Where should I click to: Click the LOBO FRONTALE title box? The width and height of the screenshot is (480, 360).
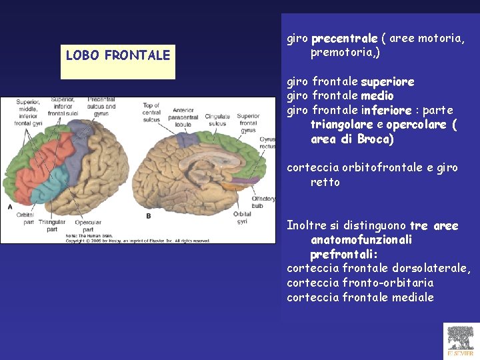(118, 55)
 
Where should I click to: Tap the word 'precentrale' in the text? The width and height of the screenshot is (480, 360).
(344, 38)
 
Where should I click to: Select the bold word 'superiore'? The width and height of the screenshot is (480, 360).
(387, 82)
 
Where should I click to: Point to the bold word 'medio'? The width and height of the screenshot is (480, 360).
(377, 96)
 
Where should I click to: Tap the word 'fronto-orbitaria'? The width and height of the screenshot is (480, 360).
(387, 283)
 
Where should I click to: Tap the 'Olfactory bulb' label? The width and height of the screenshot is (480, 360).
(263, 202)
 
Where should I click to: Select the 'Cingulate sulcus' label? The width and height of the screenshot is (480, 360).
(217, 120)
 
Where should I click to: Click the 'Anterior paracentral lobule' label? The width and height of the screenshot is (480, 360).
(183, 117)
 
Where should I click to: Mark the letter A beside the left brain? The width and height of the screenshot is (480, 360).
(9, 207)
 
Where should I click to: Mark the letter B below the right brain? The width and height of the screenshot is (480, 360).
(148, 215)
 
